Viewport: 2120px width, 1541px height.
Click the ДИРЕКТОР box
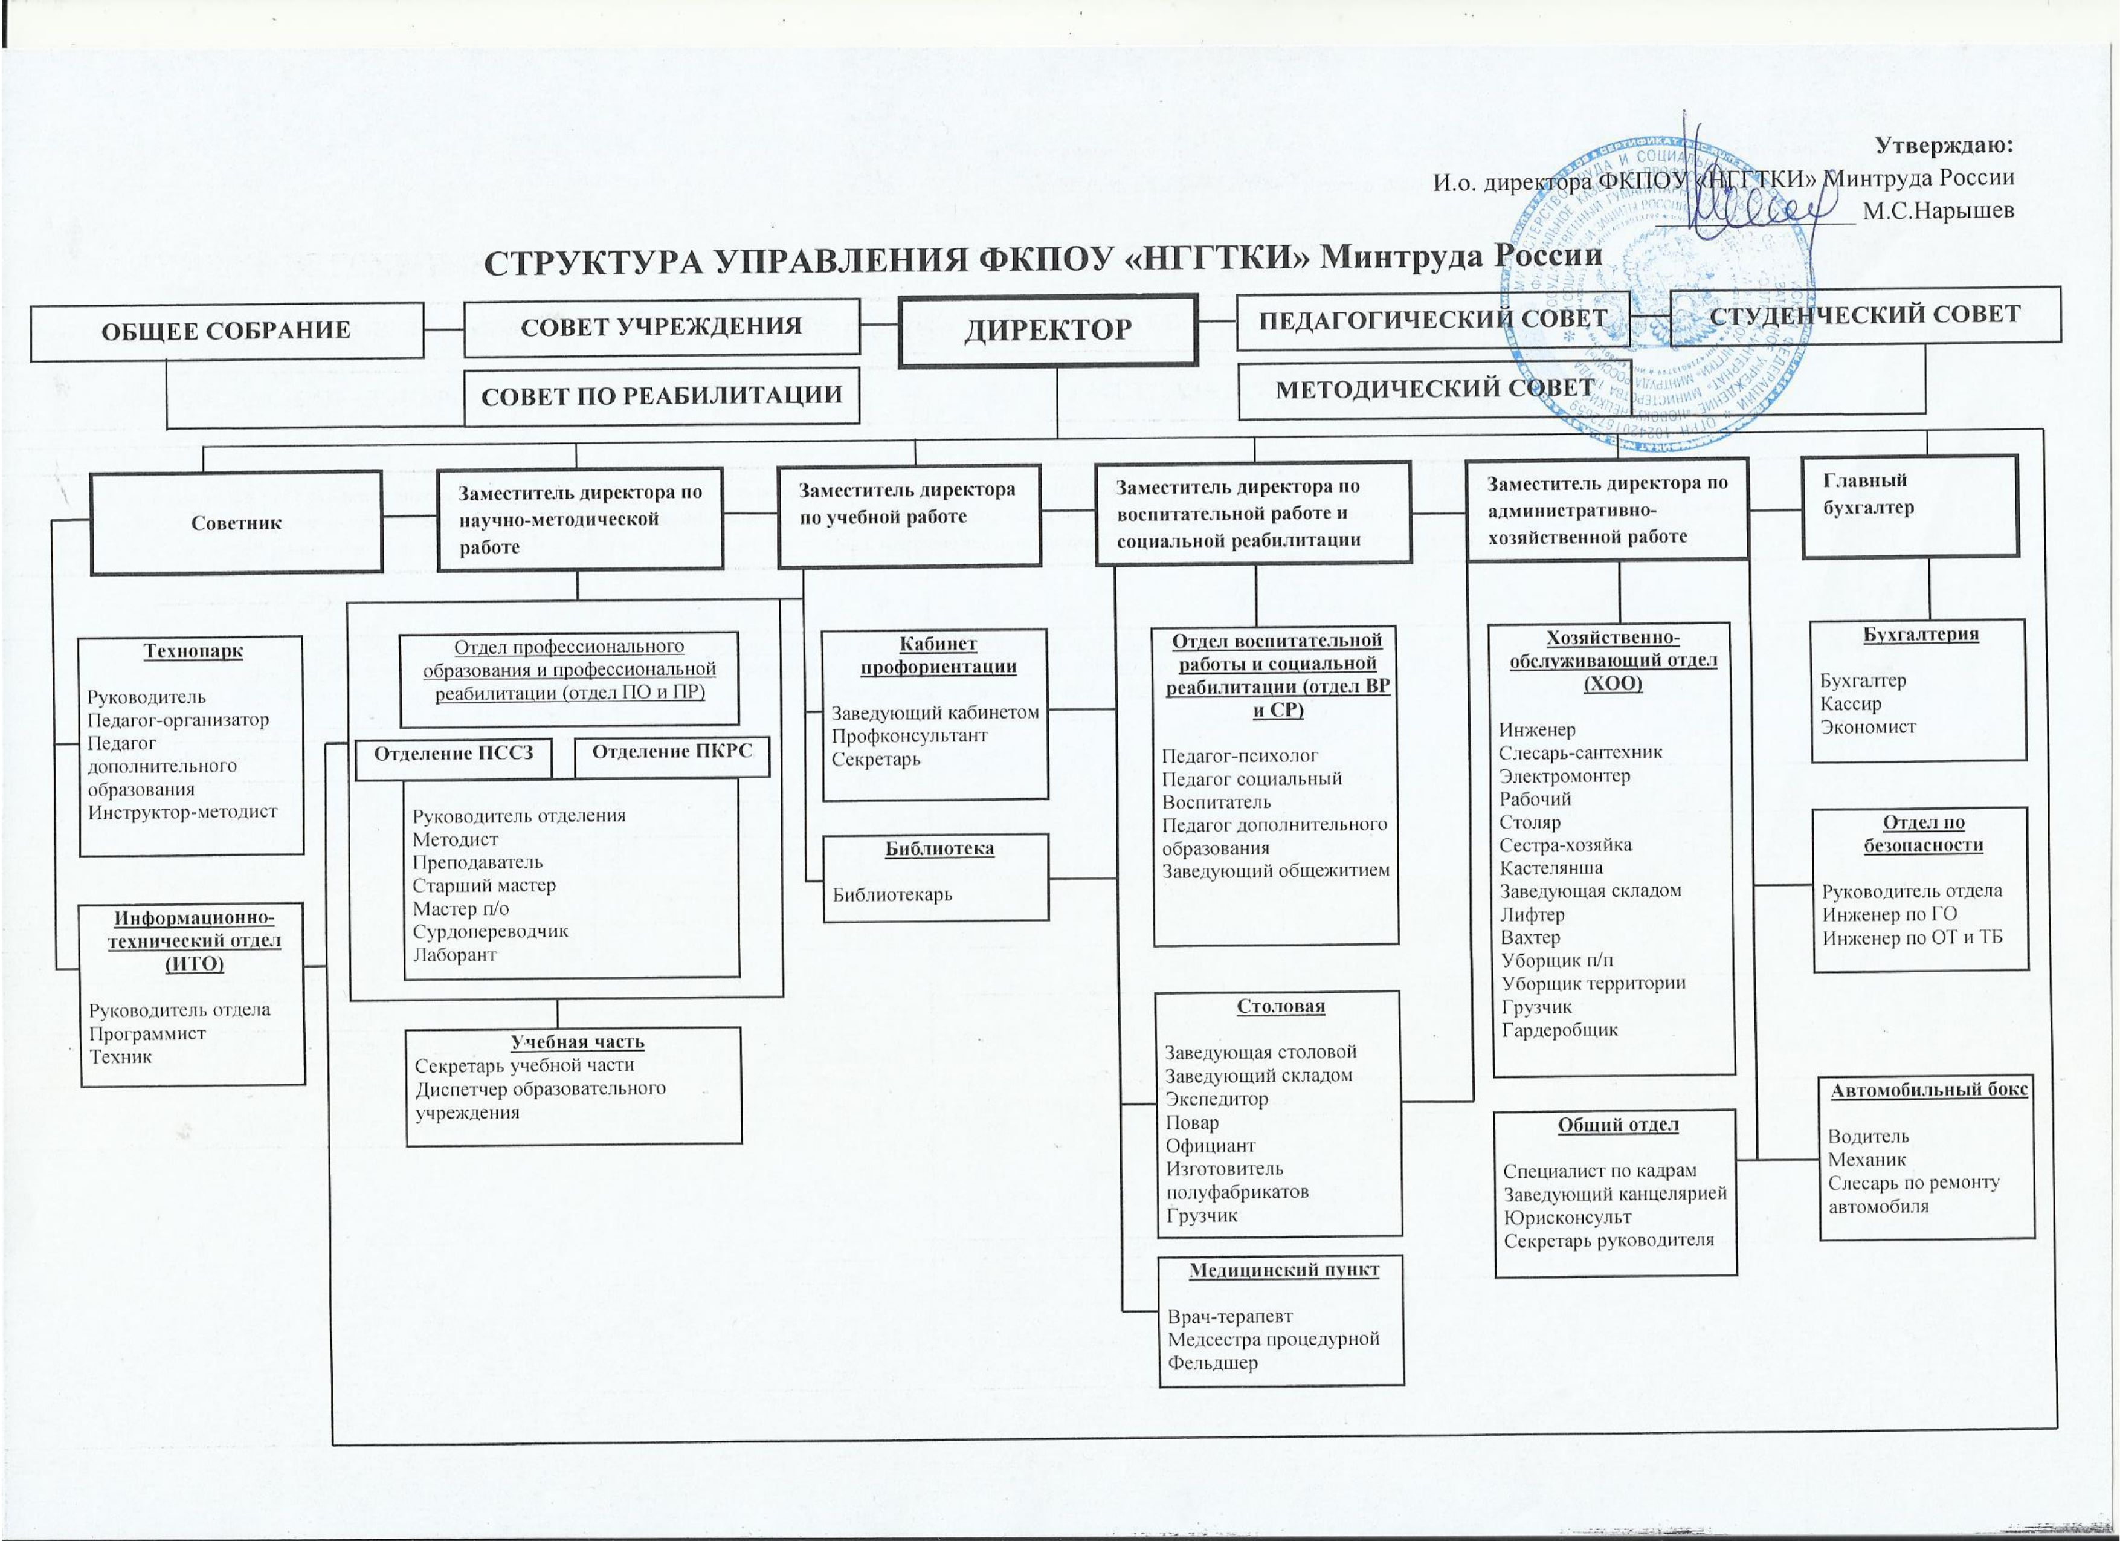tap(1048, 330)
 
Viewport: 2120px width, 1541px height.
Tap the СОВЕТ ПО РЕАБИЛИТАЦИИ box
tap(662, 396)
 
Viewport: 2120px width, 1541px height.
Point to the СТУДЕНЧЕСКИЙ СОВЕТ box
tap(1865, 314)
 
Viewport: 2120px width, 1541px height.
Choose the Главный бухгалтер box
tap(1910, 506)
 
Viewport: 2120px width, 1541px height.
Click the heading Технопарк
tap(193, 651)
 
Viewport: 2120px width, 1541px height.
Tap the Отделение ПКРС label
tap(672, 751)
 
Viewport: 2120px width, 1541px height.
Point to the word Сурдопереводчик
tap(490, 931)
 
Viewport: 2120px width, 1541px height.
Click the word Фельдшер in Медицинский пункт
tap(1213, 1362)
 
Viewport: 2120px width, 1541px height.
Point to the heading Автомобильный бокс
tap(1929, 1090)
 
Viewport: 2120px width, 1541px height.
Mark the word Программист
tap(147, 1033)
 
